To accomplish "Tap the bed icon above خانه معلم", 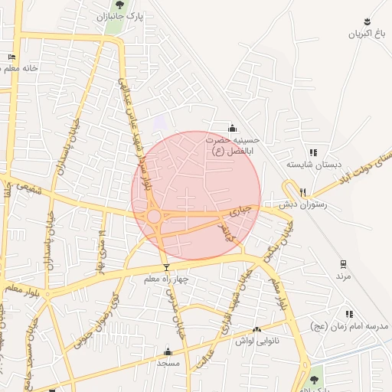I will (11, 57).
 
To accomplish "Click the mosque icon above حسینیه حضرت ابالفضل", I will (233, 128).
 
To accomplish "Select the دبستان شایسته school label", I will (306, 164).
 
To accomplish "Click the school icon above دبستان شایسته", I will (312, 152).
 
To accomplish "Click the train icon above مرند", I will (342, 263).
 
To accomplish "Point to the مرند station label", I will (342, 275).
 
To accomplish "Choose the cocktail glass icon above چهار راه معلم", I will (167, 267).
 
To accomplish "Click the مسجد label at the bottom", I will (168, 363).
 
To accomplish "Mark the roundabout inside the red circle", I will (154, 217).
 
